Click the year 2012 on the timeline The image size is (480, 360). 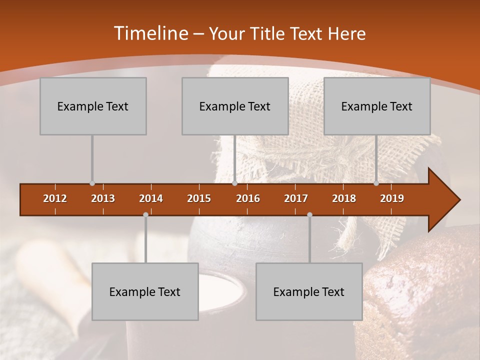pos(55,198)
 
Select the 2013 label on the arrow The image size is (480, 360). pos(103,198)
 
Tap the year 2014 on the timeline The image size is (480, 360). pos(151,198)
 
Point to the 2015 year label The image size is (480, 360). pos(199,198)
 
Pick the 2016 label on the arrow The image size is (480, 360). pos(248,198)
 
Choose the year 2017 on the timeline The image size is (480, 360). pos(296,198)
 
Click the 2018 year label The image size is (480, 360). pos(344,198)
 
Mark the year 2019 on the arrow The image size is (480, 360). pos(392,198)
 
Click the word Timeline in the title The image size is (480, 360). pos(150,33)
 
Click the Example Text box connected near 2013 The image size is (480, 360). pos(93,106)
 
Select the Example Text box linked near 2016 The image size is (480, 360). pos(235,106)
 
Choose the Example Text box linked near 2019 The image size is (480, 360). pos(377,106)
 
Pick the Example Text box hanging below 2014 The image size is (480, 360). pos(145,291)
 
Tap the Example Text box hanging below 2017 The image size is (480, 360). pos(309,291)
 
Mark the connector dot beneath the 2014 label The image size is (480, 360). pos(145,214)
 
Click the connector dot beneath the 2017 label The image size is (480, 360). pos(309,214)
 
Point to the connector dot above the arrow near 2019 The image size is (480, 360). pos(376,183)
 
